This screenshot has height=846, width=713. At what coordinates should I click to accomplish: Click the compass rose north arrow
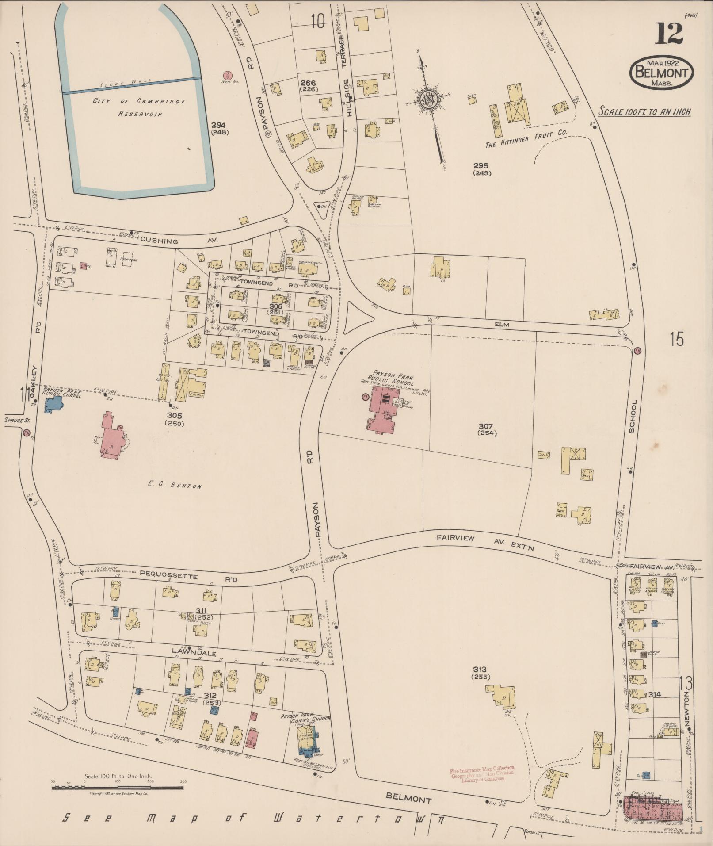coord(428,100)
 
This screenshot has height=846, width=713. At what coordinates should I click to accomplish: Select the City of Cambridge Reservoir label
coord(139,107)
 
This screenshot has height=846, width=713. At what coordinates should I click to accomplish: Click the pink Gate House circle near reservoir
coord(228,76)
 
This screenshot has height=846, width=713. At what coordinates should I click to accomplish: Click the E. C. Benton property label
coord(175,485)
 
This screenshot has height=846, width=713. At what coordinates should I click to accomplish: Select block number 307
coord(487,426)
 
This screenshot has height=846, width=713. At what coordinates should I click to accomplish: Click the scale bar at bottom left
coord(118,788)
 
